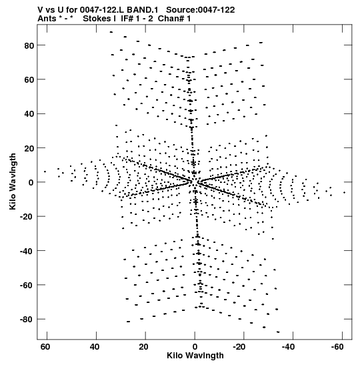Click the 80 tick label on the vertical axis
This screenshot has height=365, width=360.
29,45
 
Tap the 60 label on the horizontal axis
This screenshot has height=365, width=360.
45,347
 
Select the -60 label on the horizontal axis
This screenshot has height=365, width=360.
337,347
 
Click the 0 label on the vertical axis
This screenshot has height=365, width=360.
31,183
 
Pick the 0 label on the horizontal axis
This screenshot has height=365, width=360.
195,347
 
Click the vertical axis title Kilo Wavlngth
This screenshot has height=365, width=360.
13,181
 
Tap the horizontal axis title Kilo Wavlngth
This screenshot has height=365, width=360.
195,356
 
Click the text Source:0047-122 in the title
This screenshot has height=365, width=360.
201,10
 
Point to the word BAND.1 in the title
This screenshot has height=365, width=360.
142,10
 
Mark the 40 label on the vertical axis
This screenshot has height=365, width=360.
29,114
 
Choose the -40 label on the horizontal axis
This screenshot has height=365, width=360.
288,347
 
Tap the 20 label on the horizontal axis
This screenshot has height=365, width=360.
143,347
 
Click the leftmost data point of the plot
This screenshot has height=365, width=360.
45,171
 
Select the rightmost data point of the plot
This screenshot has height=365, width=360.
344,193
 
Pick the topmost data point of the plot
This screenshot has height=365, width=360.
111,32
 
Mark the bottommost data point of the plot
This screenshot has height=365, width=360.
278,332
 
